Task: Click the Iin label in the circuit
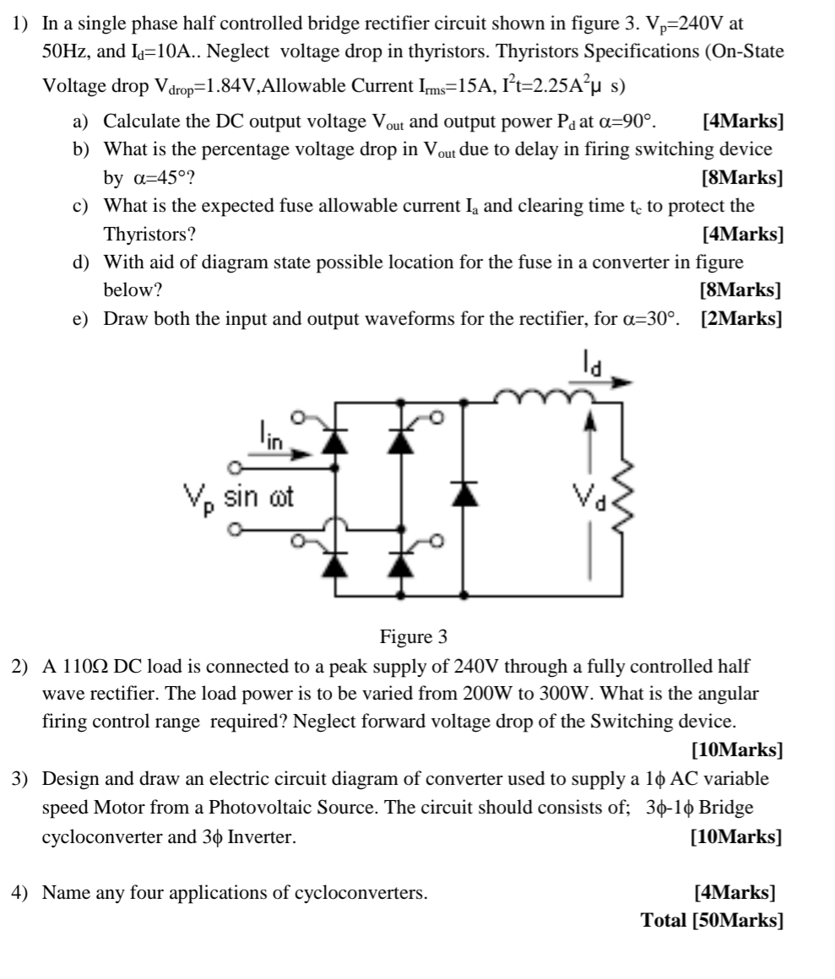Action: point(270,437)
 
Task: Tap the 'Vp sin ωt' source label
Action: point(239,498)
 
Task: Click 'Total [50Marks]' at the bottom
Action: point(712,919)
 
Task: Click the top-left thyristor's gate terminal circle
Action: point(296,417)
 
